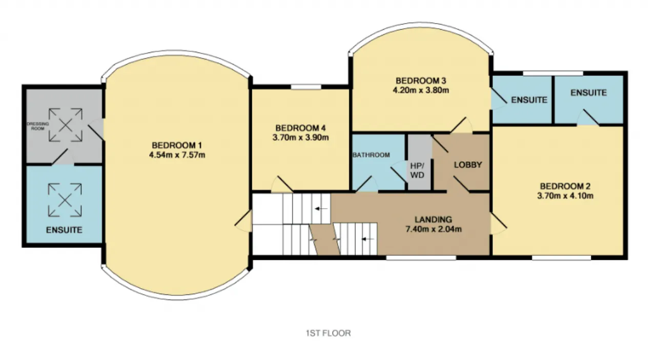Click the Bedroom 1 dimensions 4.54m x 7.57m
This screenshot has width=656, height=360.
(177, 155)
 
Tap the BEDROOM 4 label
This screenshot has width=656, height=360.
(300, 128)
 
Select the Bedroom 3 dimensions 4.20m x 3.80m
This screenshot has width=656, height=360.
(421, 90)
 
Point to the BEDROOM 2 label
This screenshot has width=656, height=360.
(565, 186)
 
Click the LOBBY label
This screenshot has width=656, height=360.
(468, 165)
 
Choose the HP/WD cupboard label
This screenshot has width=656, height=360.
(417, 171)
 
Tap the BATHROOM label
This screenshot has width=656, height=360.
(371, 155)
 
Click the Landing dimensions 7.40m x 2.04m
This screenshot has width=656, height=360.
(434, 229)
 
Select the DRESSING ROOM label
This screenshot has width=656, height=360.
(38, 126)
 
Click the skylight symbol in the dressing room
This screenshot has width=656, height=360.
(66, 125)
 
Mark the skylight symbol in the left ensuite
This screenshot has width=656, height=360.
(65, 200)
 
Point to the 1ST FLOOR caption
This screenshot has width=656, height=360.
(329, 333)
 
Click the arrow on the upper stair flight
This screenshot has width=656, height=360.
(321, 209)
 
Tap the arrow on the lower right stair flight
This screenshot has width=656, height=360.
(368, 239)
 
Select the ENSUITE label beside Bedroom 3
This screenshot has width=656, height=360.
(529, 100)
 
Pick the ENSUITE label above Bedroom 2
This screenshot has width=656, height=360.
(589, 93)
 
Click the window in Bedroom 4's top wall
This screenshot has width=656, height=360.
(306, 87)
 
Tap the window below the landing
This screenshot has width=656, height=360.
(421, 257)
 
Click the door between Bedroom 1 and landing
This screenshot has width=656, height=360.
(243, 221)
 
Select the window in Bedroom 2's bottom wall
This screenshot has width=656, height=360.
(561, 257)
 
